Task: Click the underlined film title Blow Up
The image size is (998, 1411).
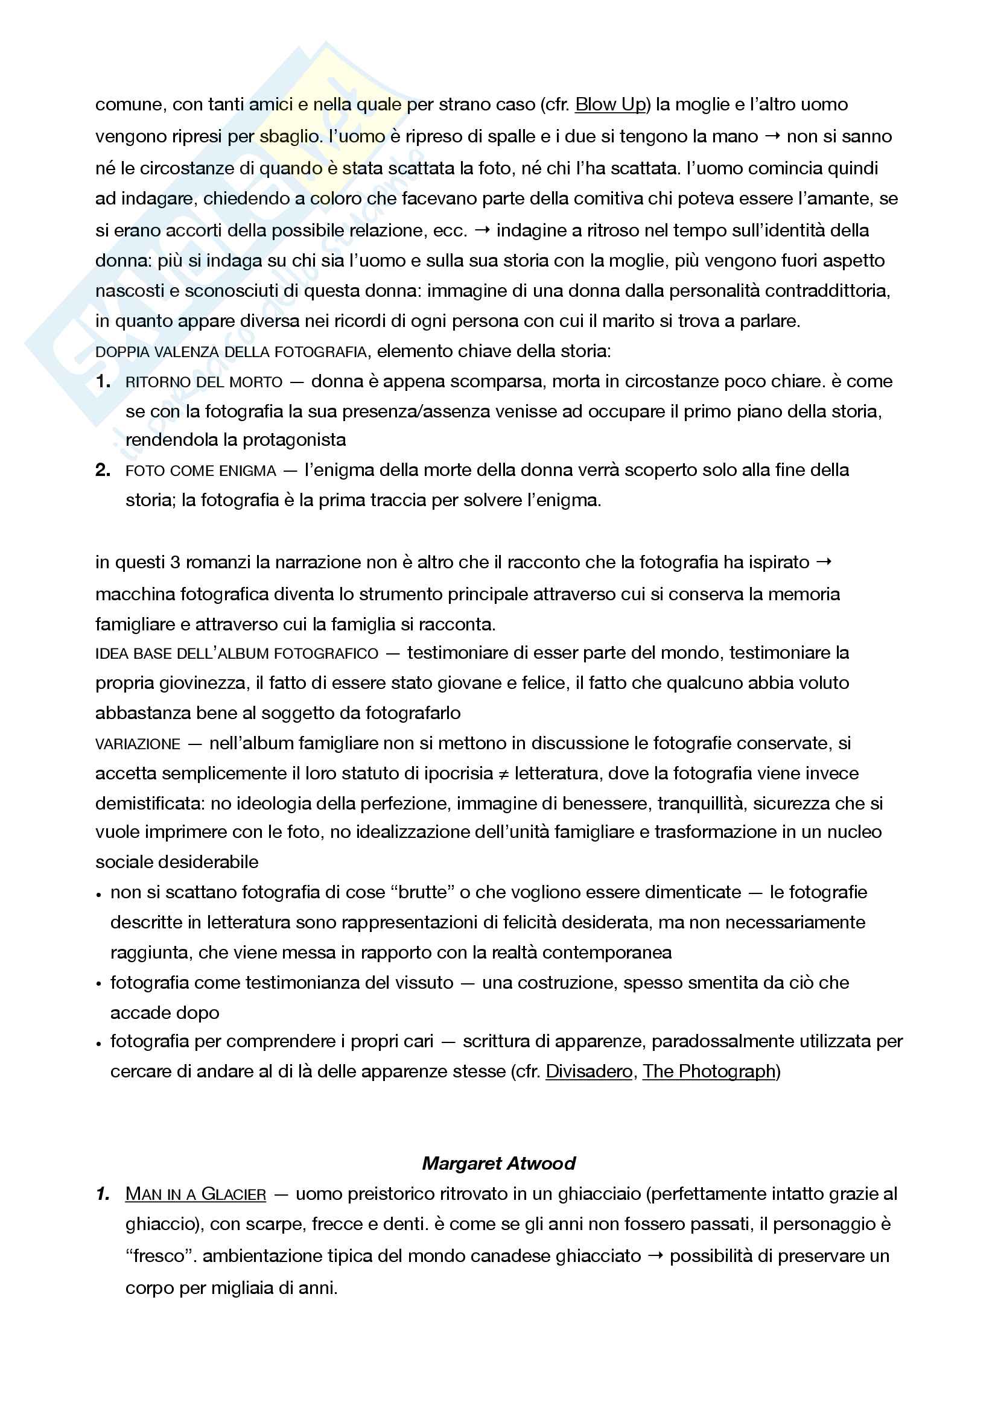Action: [610, 104]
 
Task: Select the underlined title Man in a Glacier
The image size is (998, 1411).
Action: [195, 1194]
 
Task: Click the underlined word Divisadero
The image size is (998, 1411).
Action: [589, 1071]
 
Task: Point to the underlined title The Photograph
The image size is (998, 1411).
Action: [708, 1071]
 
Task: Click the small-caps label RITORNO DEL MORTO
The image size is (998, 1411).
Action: [204, 382]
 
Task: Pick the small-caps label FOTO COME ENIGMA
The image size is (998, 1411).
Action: [201, 471]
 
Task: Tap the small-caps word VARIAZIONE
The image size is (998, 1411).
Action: [138, 744]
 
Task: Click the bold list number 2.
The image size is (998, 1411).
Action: [103, 470]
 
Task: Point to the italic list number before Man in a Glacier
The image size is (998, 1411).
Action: [103, 1194]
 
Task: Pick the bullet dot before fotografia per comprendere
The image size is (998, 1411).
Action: [99, 1043]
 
